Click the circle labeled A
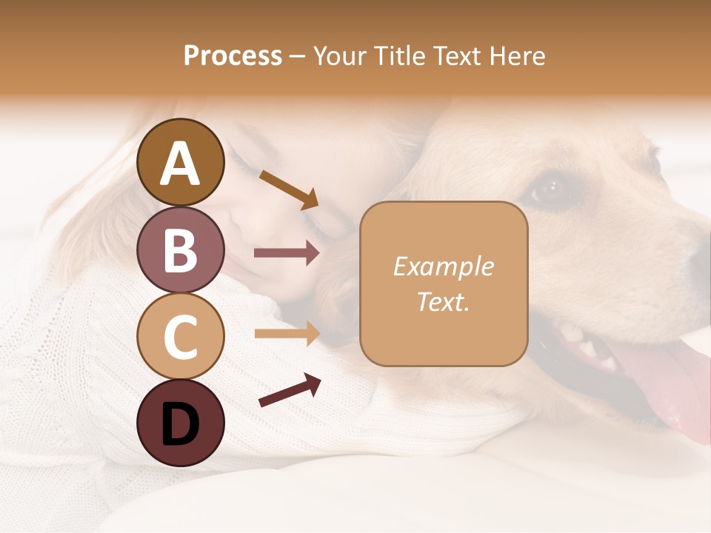coord(180,162)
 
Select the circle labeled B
coord(180,249)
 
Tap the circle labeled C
coord(180,336)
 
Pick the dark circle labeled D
coord(180,423)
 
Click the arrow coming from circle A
coord(289,190)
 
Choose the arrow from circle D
coord(289,390)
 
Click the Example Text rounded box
coord(444,284)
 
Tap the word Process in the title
coord(233,56)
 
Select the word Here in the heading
coord(519,56)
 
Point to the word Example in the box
coord(443,266)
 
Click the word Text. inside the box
coord(443,301)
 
